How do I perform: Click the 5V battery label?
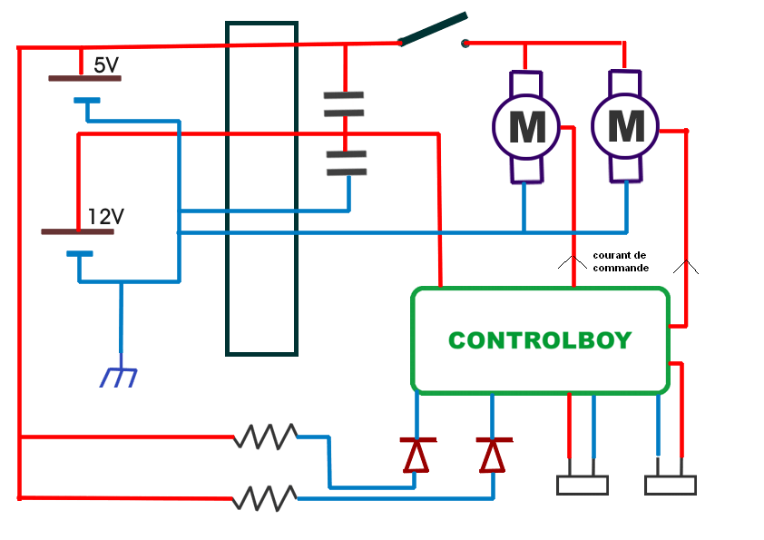click(106, 65)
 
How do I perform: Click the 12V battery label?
click(106, 217)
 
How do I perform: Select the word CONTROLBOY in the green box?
click(540, 340)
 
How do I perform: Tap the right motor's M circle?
click(626, 126)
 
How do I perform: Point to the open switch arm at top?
click(434, 29)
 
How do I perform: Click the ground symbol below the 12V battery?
click(120, 377)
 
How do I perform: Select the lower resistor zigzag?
click(265, 497)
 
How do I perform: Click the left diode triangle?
click(416, 456)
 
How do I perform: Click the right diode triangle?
click(493, 456)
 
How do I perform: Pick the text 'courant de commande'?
click(620, 261)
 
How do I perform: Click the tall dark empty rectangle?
click(261, 187)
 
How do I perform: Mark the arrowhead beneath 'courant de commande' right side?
click(685, 267)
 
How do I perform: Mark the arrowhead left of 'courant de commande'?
click(572, 263)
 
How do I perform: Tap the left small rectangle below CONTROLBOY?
click(582, 486)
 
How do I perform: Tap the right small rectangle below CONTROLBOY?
click(671, 486)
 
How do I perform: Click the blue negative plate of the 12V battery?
click(79, 253)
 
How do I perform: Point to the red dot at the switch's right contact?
click(465, 43)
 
